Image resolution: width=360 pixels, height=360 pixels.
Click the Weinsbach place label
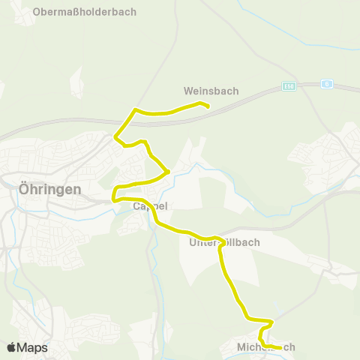pyautogui.click(x=211, y=91)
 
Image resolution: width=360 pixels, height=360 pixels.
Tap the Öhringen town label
pyautogui.click(x=49, y=190)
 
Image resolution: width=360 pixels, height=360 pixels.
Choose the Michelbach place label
pyautogui.click(x=265, y=347)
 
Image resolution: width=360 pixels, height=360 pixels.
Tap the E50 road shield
pyautogui.click(x=289, y=85)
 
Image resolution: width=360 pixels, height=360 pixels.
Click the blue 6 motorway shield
pyautogui.click(x=327, y=84)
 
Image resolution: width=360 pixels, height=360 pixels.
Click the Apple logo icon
pyautogui.click(x=11, y=347)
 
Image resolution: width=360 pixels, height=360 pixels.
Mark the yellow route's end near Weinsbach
pyautogui.click(x=206, y=106)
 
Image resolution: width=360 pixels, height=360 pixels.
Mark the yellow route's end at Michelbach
pyautogui.click(x=280, y=348)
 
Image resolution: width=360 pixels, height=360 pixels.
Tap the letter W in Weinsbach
pyautogui.click(x=188, y=91)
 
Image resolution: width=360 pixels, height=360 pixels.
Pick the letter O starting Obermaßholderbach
pyautogui.click(x=37, y=12)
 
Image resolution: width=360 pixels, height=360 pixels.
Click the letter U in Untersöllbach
pyautogui.click(x=193, y=243)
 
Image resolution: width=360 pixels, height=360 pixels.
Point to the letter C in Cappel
pyautogui.click(x=136, y=205)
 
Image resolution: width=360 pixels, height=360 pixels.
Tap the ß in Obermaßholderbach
pyautogui.click(x=73, y=12)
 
